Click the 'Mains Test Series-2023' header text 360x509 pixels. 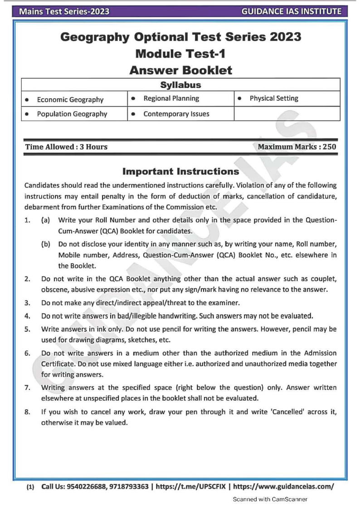pyautogui.click(x=64, y=11)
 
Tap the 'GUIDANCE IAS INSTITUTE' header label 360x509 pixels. pyautogui.click(x=292, y=11)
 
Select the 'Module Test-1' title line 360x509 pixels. pyautogui.click(x=180, y=53)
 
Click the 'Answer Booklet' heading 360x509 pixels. pyautogui.click(x=180, y=70)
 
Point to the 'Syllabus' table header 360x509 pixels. pyautogui.click(x=180, y=85)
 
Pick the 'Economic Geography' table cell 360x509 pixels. pyautogui.click(x=70, y=100)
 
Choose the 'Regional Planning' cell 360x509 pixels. pyautogui.click(x=171, y=98)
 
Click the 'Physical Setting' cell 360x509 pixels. pyautogui.click(x=274, y=98)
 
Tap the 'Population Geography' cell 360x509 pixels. pyautogui.click(x=72, y=114)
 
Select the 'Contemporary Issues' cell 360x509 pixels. pyautogui.click(x=176, y=114)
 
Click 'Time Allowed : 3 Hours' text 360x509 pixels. pyautogui.click(x=66, y=147)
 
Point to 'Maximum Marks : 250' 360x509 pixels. pyautogui.click(x=297, y=147)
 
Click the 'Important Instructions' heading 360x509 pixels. pyautogui.click(x=180, y=172)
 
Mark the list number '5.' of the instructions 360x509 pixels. pyautogui.click(x=28, y=329)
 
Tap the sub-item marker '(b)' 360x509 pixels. pyautogui.click(x=45, y=244)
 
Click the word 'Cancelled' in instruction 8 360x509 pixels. pyautogui.click(x=281, y=412)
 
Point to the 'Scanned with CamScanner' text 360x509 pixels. pyautogui.click(x=270, y=499)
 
